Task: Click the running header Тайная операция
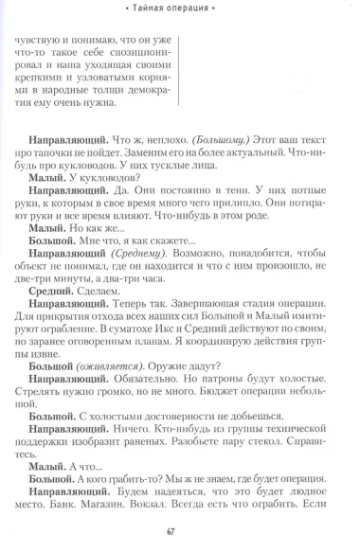(180, 9)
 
